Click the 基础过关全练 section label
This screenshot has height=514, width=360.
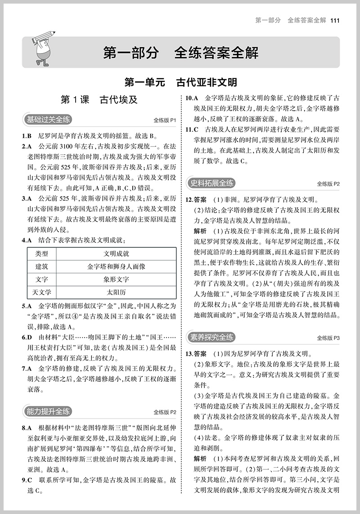click(46, 120)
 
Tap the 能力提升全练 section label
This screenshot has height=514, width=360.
click(46, 411)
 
